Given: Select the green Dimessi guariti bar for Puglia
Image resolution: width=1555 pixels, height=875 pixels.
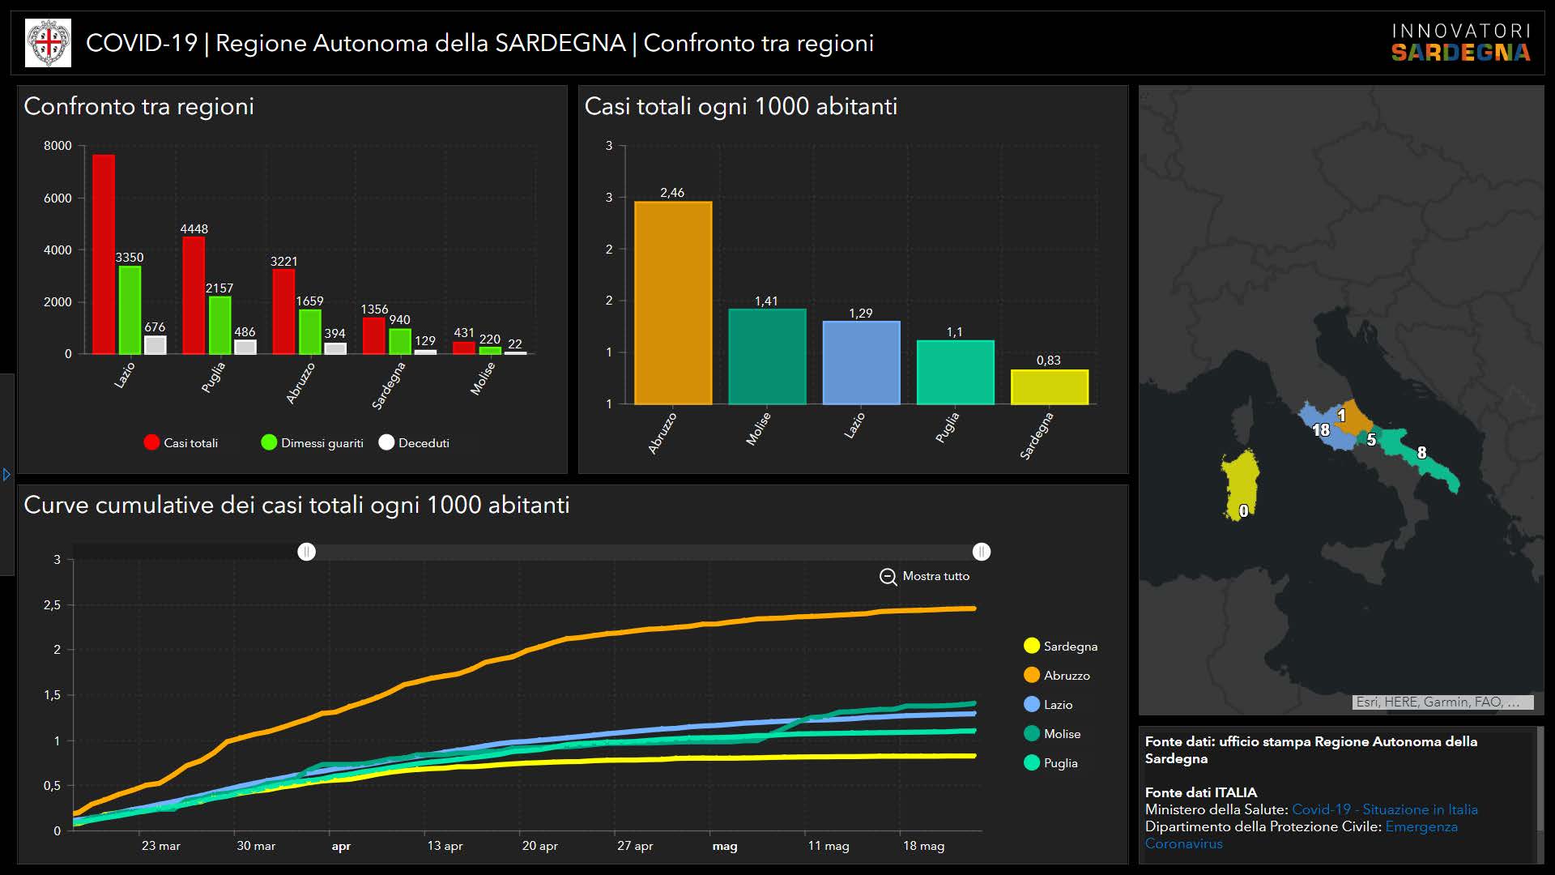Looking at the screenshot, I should [219, 325].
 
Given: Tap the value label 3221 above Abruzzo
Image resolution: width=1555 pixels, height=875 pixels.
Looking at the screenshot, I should [283, 261].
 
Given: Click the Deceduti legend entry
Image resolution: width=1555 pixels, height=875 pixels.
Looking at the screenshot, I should [414, 442].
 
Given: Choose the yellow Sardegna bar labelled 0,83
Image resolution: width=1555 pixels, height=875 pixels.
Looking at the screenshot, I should [1049, 387].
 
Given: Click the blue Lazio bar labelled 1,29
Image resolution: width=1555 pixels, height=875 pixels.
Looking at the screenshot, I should [861, 362].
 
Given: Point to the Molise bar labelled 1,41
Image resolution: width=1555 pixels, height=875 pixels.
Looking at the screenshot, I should [767, 356].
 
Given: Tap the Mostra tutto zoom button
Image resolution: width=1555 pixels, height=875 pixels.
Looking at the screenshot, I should [924, 576].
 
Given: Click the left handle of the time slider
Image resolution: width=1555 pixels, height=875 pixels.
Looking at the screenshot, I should [306, 552].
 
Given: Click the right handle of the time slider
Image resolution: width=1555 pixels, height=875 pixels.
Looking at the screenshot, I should [981, 552].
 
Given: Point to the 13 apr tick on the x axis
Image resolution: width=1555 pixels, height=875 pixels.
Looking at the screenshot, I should [445, 846].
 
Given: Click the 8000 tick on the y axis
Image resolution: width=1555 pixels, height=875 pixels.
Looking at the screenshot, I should [58, 146].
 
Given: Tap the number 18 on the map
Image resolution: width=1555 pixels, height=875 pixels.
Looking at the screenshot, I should [1320, 430].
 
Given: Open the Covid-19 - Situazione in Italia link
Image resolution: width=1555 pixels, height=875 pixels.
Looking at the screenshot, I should [1384, 809].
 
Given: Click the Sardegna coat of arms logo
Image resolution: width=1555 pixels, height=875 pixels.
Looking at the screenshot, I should [49, 43].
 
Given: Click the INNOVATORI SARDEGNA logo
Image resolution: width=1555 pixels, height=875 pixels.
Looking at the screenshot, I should [1460, 43].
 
